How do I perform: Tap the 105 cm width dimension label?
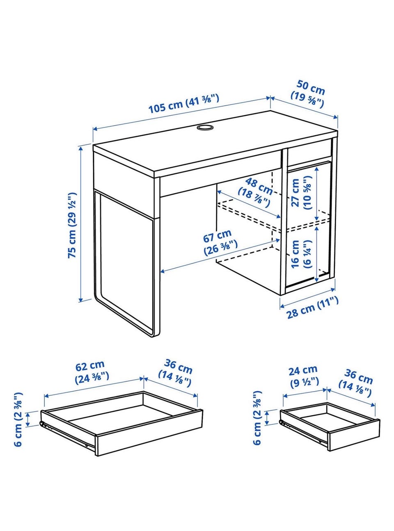click(x=183, y=104)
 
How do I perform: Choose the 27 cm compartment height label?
click(x=301, y=193)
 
